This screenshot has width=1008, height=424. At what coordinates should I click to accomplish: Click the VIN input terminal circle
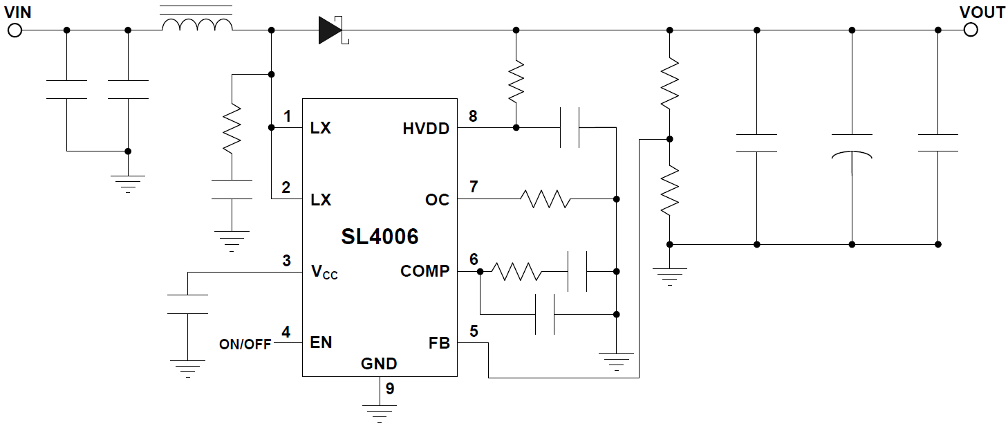point(15,30)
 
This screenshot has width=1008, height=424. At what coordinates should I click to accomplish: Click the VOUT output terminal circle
point(971,30)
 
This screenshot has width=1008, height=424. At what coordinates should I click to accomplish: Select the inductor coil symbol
point(197,26)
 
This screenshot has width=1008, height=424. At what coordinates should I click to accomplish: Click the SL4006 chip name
point(380,237)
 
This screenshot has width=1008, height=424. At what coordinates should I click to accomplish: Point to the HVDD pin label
point(426,129)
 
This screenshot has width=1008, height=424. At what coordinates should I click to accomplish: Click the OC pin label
point(437,200)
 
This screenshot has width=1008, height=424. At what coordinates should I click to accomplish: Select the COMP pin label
point(424,271)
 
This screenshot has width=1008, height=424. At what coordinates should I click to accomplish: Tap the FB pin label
point(439,343)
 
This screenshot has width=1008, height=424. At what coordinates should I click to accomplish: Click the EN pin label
point(321,342)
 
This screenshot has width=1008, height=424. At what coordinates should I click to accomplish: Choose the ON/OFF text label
point(245,344)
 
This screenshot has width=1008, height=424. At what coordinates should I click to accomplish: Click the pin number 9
point(390,389)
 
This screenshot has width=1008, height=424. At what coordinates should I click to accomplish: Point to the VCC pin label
point(324,272)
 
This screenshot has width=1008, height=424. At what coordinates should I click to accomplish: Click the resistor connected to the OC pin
point(545,199)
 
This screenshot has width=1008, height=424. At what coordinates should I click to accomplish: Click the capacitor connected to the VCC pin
point(187,304)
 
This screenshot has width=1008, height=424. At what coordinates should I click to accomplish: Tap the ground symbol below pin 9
point(379,412)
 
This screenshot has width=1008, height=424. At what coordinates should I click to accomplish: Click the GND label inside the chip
point(379,364)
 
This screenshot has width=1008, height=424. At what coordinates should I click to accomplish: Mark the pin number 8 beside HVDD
point(473,116)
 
